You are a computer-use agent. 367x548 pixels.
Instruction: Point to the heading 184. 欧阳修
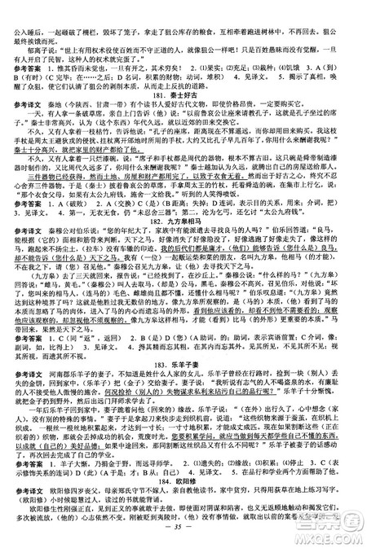tap(183, 476)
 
